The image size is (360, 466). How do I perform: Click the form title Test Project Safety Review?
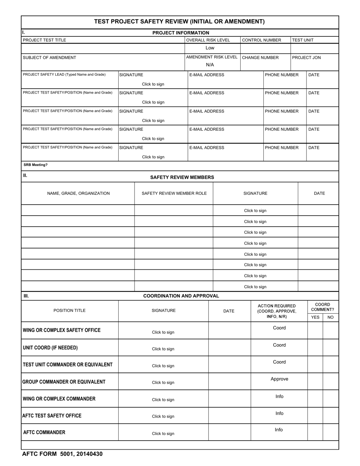click(179, 22)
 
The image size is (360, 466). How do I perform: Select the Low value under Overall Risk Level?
click(210, 48)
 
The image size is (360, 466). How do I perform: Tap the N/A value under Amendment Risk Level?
click(210, 65)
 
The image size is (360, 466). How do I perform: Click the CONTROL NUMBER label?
click(261, 40)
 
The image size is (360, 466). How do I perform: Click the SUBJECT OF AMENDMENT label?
click(49, 58)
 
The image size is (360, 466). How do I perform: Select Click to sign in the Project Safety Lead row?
click(153, 84)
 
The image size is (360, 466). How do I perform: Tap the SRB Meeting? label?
click(35, 165)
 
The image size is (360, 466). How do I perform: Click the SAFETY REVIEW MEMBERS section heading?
click(182, 177)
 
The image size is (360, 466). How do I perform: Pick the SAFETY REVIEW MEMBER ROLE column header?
click(174, 193)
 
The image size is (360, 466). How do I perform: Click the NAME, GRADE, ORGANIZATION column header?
click(78, 193)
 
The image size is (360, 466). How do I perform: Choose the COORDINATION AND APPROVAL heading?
click(181, 296)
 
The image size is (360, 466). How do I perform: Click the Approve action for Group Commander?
click(279, 379)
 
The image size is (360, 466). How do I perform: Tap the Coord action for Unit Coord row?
click(279, 345)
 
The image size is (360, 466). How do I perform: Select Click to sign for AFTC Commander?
click(163, 433)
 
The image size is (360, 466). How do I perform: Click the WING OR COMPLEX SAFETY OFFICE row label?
click(62, 330)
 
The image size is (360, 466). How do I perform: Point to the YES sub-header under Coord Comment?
click(315, 317)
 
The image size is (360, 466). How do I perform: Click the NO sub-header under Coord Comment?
click(330, 317)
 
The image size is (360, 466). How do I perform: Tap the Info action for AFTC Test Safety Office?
click(279, 413)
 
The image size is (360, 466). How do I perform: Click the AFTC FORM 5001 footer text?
click(62, 454)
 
